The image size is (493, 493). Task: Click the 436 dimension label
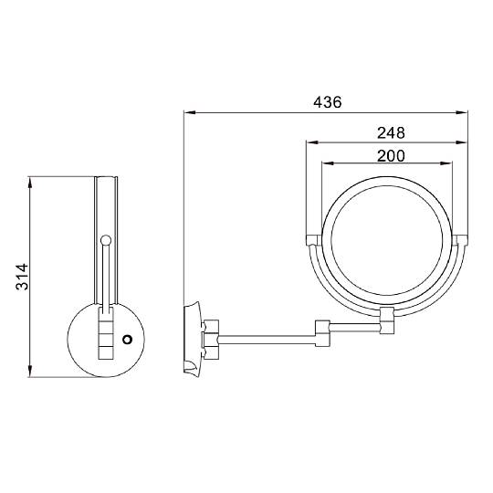tap(328, 102)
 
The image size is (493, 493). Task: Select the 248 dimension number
tap(391, 133)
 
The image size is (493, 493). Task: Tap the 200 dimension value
tap(391, 156)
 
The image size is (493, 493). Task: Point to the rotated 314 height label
tap(22, 277)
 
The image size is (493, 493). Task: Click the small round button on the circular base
tap(127, 340)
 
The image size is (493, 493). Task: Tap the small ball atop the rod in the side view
tap(106, 240)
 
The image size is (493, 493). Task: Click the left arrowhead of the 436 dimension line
tap(190, 112)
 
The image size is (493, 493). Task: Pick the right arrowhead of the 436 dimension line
tap(462, 112)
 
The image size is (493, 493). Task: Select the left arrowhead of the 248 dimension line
tap(312, 142)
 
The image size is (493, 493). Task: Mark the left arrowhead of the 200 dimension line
tap(328, 163)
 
